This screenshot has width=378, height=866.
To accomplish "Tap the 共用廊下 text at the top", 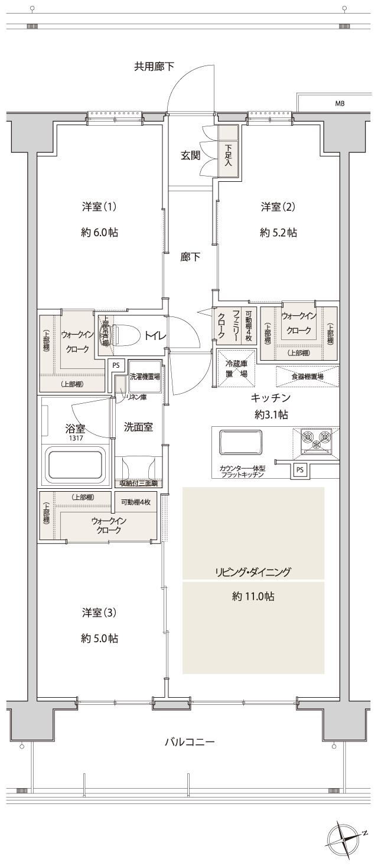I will (154, 67).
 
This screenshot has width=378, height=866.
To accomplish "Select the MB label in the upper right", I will (340, 103).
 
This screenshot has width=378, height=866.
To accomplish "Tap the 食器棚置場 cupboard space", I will (307, 376).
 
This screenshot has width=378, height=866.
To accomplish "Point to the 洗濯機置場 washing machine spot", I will (145, 376).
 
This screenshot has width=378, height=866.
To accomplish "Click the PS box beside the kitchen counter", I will (300, 470).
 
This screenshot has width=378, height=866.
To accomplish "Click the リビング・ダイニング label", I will (253, 571).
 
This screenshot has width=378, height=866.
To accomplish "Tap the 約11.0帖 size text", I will (253, 597).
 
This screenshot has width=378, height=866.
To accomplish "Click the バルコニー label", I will (189, 741).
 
